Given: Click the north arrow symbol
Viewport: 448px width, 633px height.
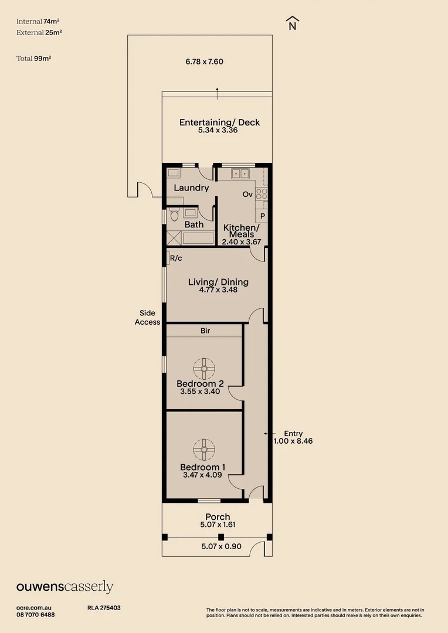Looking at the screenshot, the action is [292, 23].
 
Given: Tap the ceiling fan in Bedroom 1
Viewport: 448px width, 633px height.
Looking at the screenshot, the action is [204, 450].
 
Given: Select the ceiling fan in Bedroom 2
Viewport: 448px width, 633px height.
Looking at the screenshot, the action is [204, 369].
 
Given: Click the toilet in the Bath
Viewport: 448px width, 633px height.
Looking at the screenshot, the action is [174, 215].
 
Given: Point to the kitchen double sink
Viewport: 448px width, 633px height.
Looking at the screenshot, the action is [240, 173].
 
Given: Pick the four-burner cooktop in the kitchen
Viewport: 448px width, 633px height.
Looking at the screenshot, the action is [262, 194].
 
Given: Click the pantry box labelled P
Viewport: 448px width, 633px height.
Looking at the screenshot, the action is [262, 216].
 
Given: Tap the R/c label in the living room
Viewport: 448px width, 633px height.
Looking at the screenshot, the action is [176, 258].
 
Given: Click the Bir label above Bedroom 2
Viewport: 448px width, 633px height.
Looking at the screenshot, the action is [205, 331].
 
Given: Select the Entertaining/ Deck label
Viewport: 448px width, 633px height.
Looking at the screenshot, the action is [219, 122].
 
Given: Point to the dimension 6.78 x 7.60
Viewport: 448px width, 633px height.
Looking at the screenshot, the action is [205, 62].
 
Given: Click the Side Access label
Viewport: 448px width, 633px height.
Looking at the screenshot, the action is [147, 317].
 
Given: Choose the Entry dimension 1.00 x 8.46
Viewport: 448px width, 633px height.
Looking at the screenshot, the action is [293, 441].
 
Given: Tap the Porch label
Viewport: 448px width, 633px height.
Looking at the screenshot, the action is [218, 517].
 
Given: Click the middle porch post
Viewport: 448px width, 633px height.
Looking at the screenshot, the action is [221, 537].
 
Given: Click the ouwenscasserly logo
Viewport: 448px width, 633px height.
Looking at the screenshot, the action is [65, 587].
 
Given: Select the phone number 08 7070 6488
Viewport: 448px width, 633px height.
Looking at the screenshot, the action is [36, 615].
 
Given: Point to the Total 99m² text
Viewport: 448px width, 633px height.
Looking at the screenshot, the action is [34, 59].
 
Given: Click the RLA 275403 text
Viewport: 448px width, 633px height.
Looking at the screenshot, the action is [104, 608].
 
